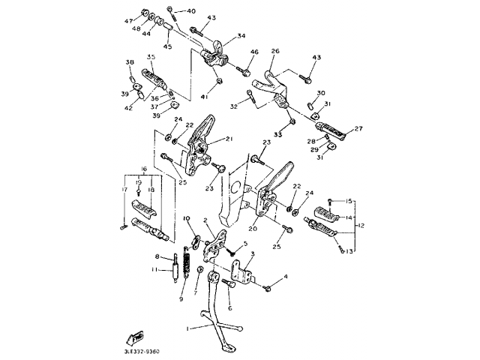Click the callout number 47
coord(127,20)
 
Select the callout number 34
coord(241,35)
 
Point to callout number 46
coord(254,52)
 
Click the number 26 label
coord(274,51)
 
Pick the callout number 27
coord(358,129)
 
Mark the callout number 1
coord(188,328)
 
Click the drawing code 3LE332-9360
coord(138,351)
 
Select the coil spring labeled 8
coord(177,268)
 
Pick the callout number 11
coord(154,270)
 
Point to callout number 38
coord(129,62)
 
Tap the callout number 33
coord(278,134)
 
